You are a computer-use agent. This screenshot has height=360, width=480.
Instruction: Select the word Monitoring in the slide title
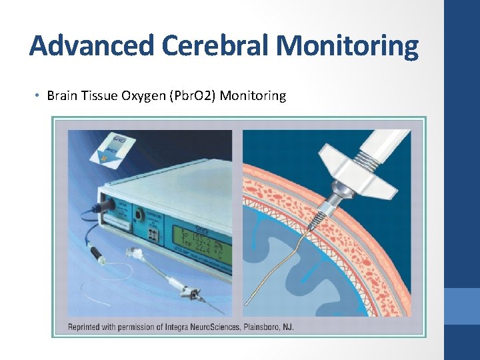click(347, 47)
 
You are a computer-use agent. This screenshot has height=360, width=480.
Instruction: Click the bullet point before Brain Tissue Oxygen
click(37, 96)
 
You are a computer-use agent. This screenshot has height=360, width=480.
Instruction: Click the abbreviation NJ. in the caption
click(286, 327)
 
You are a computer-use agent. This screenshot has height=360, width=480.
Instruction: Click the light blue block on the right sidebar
click(461, 306)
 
